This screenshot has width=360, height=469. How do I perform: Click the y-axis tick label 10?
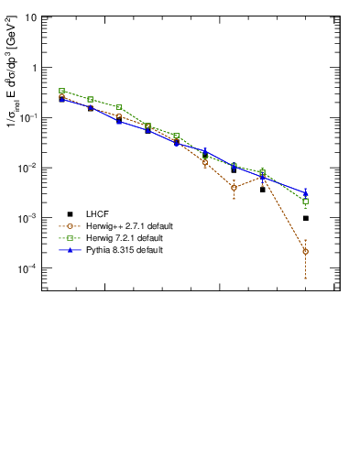(31, 18)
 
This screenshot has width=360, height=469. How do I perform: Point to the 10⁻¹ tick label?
(29, 118)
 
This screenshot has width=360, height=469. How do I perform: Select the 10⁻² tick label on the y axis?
(29, 169)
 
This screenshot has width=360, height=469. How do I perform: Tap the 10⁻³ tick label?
(29, 219)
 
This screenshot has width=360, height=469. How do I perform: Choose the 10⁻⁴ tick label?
(29, 268)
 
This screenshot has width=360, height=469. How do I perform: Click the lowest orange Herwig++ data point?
(305, 251)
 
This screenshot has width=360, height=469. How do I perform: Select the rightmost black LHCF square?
(305, 218)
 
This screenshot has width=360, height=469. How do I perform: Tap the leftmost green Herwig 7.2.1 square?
(61, 91)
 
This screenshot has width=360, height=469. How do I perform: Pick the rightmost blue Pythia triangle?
(305, 193)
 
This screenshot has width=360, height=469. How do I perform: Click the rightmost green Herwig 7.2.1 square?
(305, 202)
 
